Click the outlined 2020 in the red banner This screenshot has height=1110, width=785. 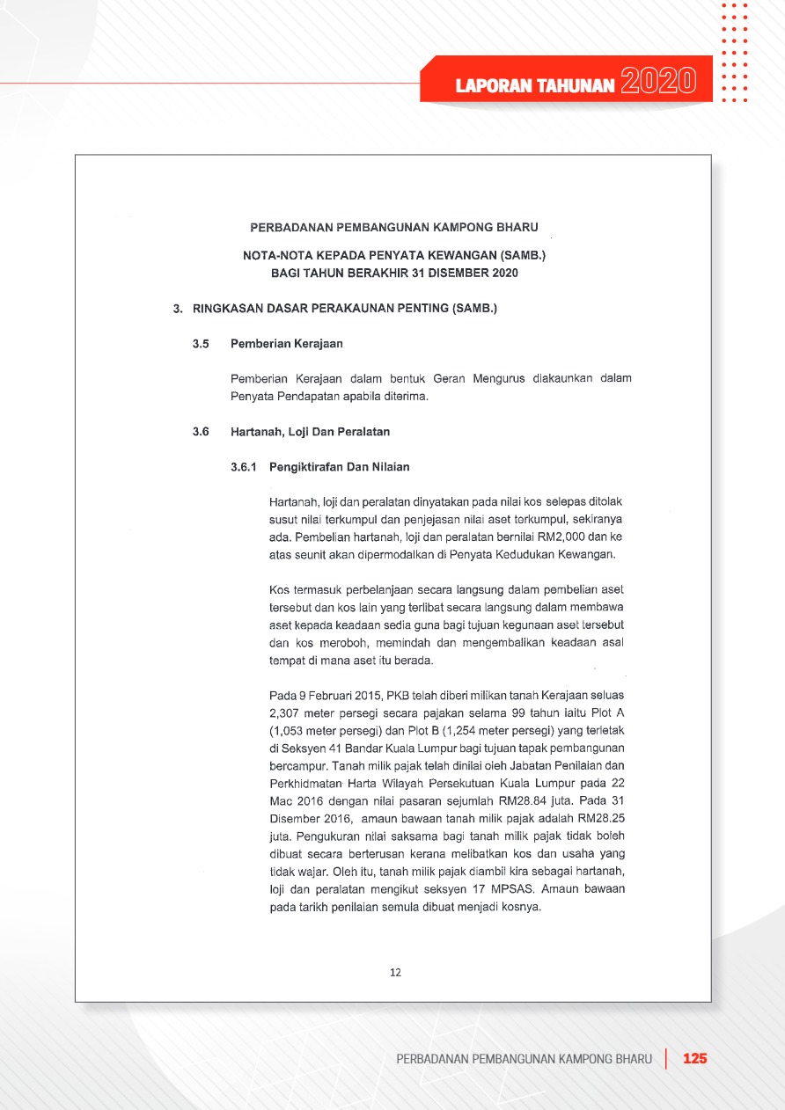pos(654,83)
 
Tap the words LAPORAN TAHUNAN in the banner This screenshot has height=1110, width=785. pos(535,85)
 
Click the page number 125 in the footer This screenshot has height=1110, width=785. pos(695,1058)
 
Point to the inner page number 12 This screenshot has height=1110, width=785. pos(395,972)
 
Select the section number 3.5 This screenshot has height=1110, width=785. pos(201,343)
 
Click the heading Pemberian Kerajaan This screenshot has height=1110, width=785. pos(286,343)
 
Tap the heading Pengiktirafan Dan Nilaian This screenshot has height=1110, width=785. pos(340,467)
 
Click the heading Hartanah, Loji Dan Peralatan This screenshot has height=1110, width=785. pos(310,432)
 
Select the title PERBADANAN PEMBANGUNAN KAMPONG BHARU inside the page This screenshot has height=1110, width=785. pos(394,227)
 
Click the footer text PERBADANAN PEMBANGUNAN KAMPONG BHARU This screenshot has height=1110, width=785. pos(525,1058)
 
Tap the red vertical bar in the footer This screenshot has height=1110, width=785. pos(666,1058)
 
